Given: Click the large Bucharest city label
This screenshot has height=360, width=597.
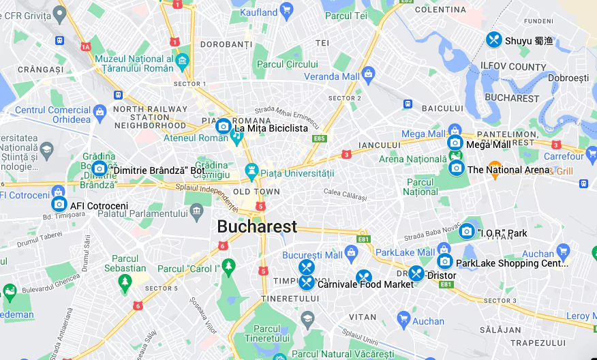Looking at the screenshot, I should [257, 226].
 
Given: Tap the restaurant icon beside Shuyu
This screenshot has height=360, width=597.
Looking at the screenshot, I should [494, 40].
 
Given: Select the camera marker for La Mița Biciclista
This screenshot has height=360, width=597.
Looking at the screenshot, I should [223, 126].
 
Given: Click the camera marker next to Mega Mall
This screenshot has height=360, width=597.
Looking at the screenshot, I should [455, 142].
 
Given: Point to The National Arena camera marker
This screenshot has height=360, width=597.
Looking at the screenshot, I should [456, 168].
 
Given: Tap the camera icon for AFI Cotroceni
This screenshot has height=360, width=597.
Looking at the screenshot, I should [59, 204].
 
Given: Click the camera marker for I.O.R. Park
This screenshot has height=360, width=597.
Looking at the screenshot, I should [467, 231].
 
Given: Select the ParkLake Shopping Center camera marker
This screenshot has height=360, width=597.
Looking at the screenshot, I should [445, 261].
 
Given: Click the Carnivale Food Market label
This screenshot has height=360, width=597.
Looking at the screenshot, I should [365, 284].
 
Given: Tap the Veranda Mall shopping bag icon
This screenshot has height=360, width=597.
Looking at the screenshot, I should [369, 73].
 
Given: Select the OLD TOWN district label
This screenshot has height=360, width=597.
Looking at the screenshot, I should [256, 192].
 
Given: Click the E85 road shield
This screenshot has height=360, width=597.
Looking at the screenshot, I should [319, 138].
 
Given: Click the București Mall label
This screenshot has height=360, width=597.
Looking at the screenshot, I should [312, 255].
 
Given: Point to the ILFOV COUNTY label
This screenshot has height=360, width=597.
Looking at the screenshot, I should [513, 67].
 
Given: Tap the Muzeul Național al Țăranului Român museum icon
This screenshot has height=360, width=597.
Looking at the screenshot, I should [182, 62].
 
